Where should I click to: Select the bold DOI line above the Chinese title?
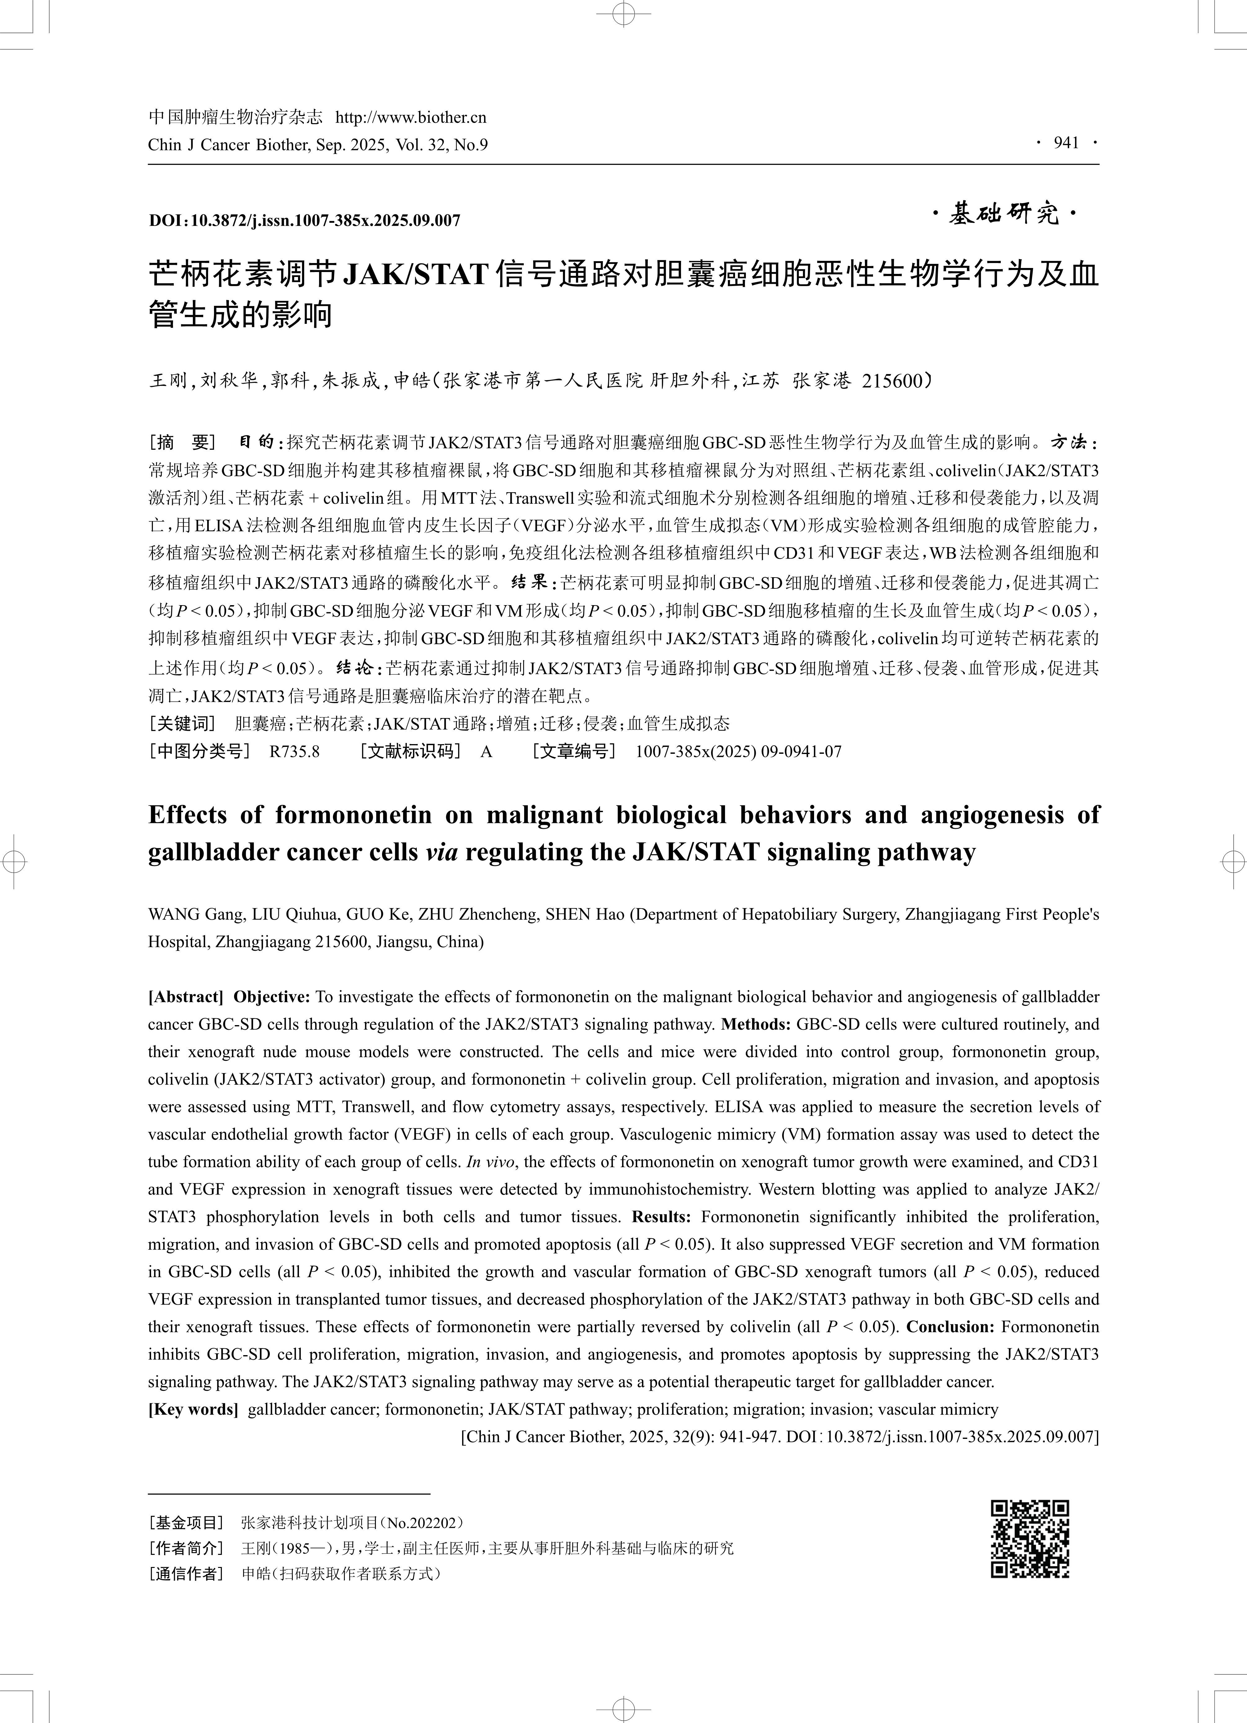(x=305, y=220)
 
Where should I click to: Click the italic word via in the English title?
(x=441, y=852)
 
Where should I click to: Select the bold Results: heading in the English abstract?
(x=661, y=1217)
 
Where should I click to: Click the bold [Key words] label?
(x=193, y=1409)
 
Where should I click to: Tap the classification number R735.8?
(x=295, y=752)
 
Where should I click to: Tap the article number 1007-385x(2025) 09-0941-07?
(x=738, y=752)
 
